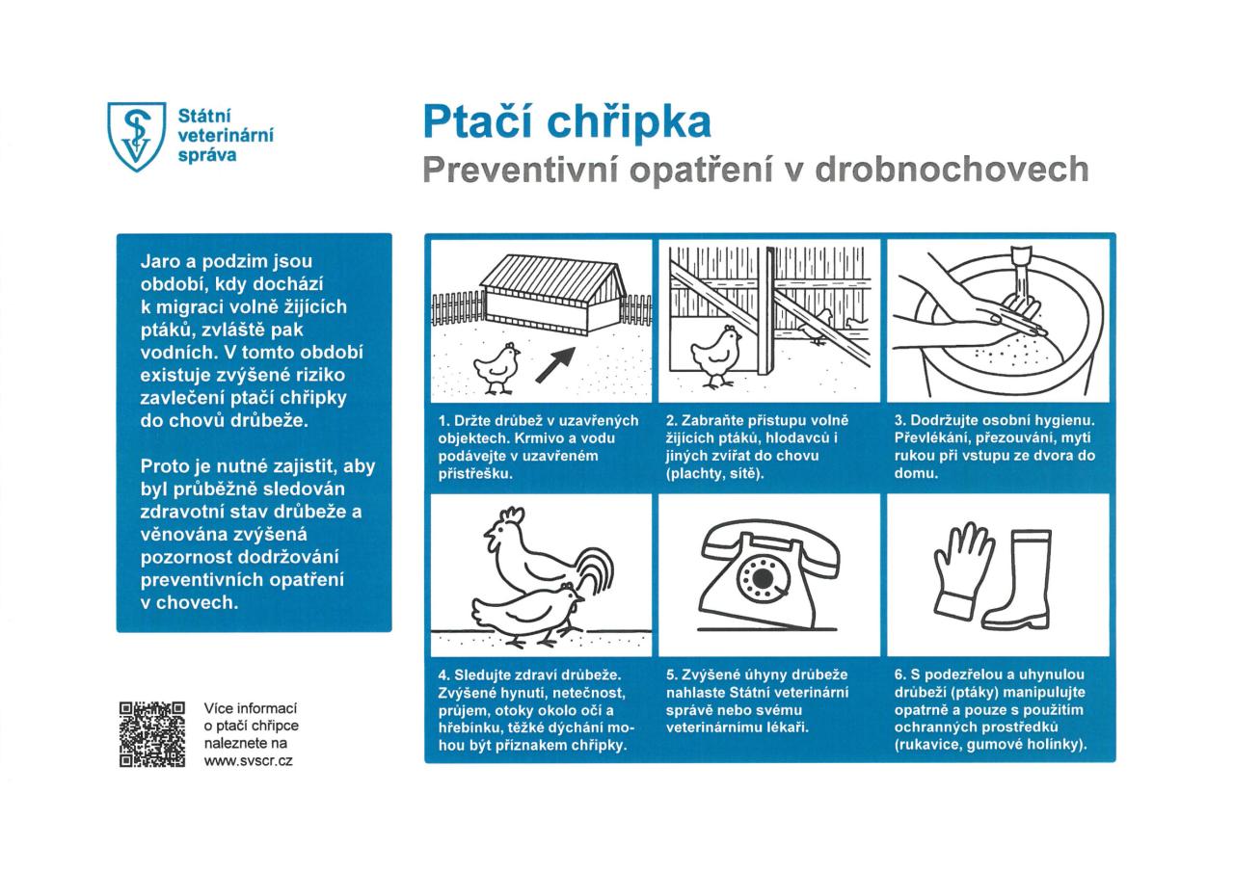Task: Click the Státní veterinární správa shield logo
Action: click(x=134, y=136)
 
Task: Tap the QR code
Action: click(x=151, y=734)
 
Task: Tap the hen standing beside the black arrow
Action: click(x=496, y=365)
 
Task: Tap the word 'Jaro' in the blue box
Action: click(x=163, y=261)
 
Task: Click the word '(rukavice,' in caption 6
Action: click(x=928, y=745)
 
